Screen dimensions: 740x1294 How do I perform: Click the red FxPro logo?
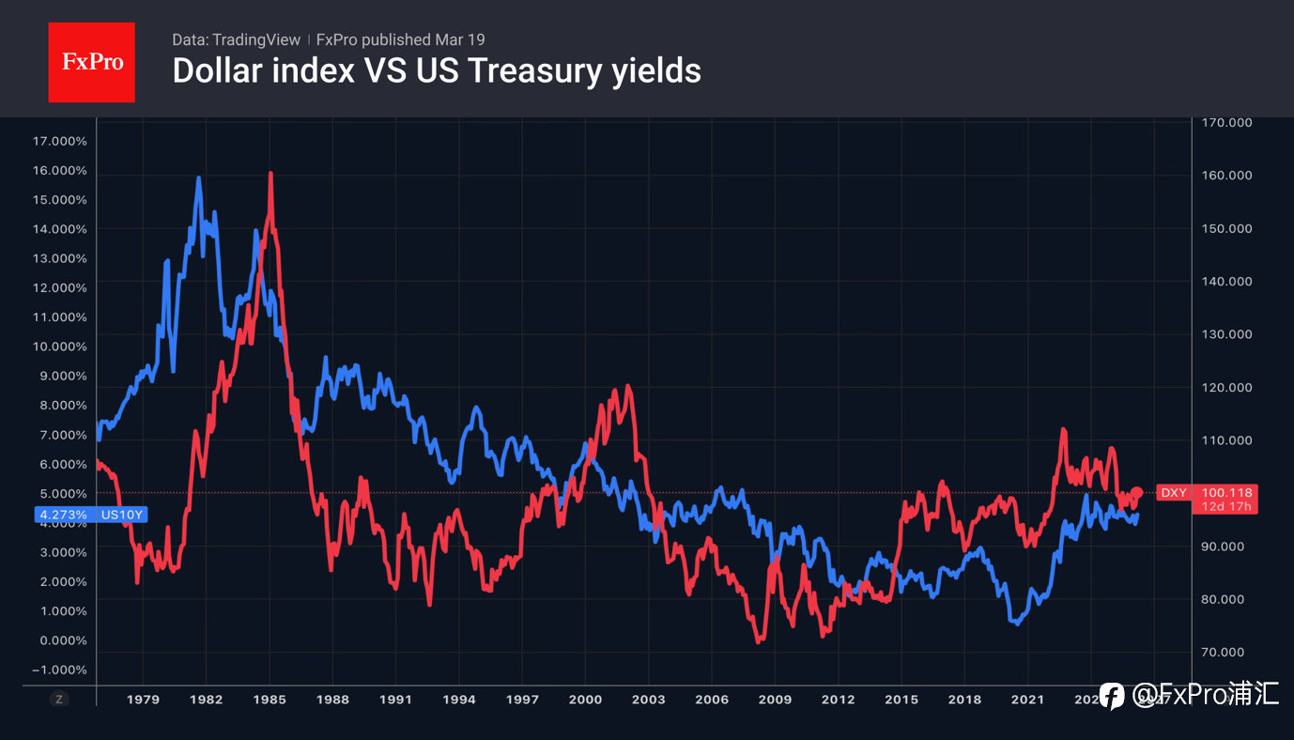(x=91, y=62)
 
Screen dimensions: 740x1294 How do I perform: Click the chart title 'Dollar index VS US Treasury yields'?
(x=437, y=70)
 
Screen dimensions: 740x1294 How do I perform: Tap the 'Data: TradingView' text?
(x=236, y=39)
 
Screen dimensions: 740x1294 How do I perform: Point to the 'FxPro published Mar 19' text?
(x=400, y=39)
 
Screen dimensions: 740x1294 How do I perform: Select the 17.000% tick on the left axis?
(x=59, y=141)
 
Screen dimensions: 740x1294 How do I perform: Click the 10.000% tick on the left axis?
(x=59, y=347)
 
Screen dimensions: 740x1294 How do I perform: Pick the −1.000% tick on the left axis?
(x=59, y=670)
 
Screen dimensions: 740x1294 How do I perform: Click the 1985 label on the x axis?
(x=270, y=700)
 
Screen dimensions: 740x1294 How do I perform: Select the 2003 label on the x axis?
(x=649, y=700)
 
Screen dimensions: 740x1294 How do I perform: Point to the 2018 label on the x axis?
(x=964, y=700)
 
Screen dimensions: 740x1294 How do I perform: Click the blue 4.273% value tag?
(x=64, y=515)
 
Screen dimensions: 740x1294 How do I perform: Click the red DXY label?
(x=1174, y=493)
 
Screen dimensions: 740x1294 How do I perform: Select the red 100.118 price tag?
(x=1227, y=493)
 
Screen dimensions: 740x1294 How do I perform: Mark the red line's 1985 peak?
(x=270, y=174)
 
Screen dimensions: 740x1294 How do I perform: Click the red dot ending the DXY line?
(x=1137, y=492)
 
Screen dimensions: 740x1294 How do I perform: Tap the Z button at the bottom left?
(x=58, y=699)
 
